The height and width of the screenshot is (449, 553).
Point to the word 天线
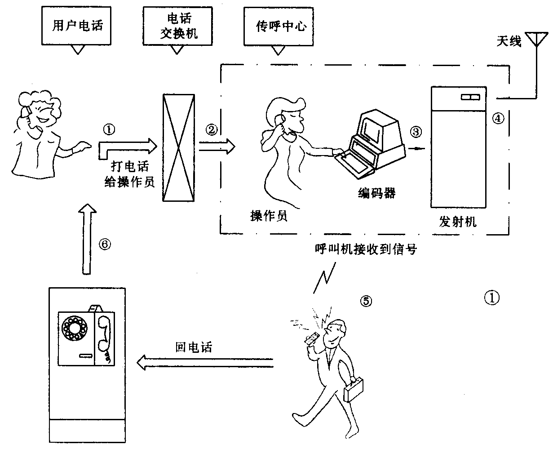pyautogui.click(x=509, y=42)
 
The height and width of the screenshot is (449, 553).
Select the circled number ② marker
pyautogui.click(x=212, y=129)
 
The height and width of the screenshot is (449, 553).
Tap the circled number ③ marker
pyautogui.click(x=416, y=131)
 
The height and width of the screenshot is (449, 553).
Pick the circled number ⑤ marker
pyautogui.click(x=366, y=301)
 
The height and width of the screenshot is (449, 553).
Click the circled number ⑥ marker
pyautogui.click(x=104, y=245)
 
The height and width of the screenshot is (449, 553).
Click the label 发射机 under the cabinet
pyautogui.click(x=457, y=222)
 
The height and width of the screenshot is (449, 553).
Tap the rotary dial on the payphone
pyautogui.click(x=75, y=328)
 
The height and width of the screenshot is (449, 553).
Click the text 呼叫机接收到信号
pyautogui.click(x=366, y=249)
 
